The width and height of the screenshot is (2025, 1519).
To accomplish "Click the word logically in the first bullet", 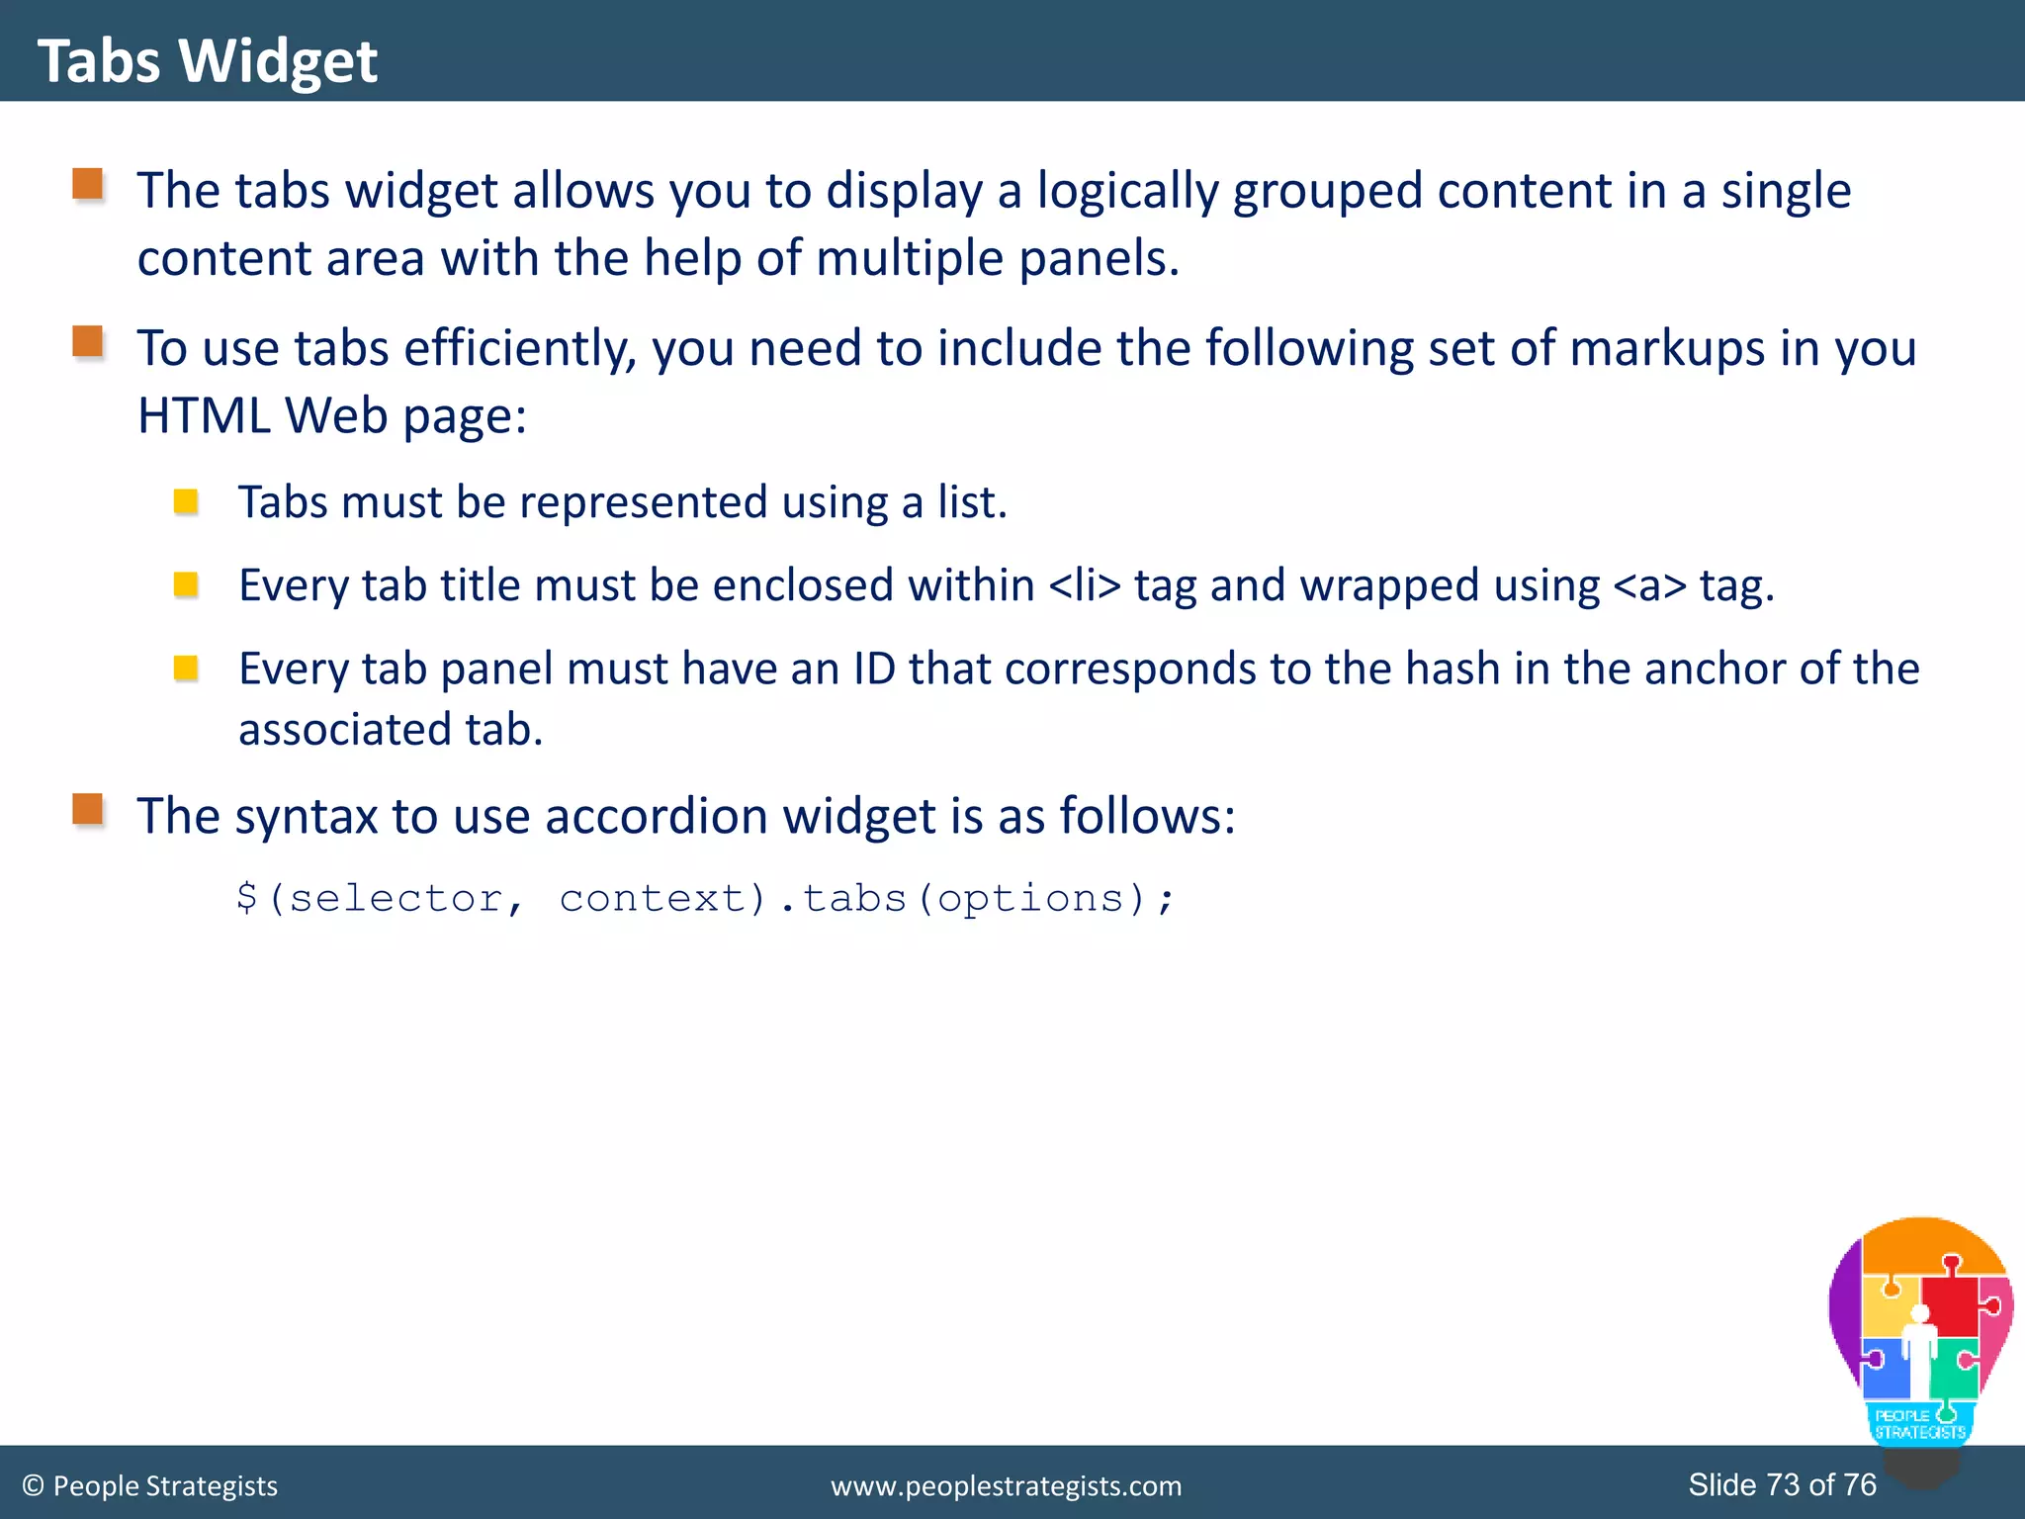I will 1126,191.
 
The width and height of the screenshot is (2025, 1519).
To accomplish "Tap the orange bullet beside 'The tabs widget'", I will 88,184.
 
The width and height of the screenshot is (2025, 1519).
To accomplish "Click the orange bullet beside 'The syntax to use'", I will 88,809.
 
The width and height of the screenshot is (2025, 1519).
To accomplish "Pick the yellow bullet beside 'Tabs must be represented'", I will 185,502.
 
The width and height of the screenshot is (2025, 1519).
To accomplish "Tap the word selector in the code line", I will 396,898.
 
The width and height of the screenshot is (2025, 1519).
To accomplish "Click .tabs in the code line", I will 843,898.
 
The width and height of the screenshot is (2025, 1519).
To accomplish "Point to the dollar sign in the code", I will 247,898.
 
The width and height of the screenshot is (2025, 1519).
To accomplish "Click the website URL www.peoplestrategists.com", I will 1006,1485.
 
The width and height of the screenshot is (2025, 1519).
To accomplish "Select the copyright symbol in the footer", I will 33,1485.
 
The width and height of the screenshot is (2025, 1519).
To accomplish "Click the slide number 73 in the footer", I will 1783,1484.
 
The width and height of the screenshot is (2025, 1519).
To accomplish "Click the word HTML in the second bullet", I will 203,415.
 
